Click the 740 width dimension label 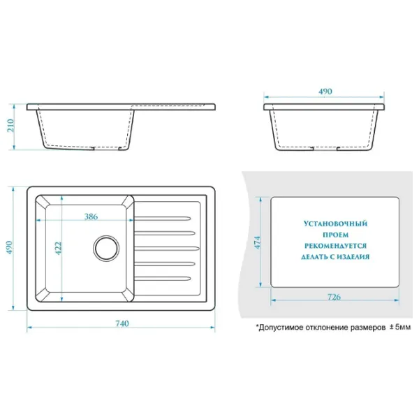tap(122, 323)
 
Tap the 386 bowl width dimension tap(91, 216)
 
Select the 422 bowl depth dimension tap(58, 248)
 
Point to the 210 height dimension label tap(10, 126)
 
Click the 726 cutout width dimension tap(334, 297)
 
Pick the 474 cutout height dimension tap(257, 242)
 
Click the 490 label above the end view tap(325, 91)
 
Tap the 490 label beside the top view tap(9, 247)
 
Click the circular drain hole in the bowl tap(106, 248)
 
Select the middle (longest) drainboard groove tap(167, 249)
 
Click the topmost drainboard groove tap(163, 219)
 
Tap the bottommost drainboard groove tap(163, 279)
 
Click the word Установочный tap(335, 223)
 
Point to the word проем tap(335, 235)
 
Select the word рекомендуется tap(335, 246)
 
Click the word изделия tap(353, 257)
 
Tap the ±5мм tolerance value tap(399, 327)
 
